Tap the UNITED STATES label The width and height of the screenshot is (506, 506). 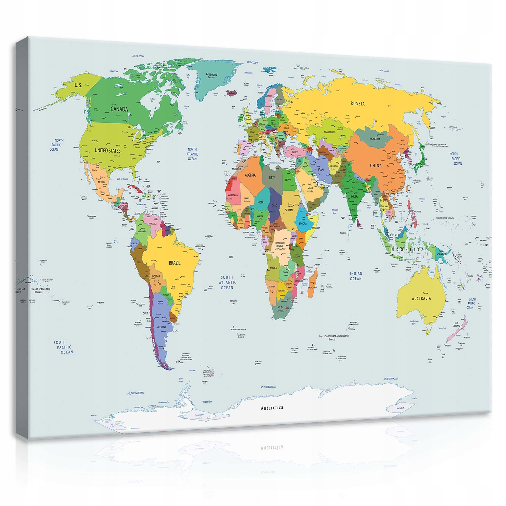tap(107, 151)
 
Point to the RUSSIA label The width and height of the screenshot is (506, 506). tap(358, 104)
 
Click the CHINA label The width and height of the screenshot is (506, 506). tap(376, 165)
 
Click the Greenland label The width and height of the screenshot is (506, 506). tap(212, 75)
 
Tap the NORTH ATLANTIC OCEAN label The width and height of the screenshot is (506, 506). tap(193, 154)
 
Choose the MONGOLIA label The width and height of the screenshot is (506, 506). tap(375, 139)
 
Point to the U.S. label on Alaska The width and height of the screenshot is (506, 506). tap(78, 85)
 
